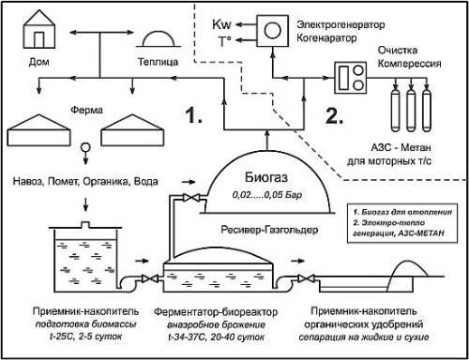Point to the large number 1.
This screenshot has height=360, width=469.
(x=194, y=119)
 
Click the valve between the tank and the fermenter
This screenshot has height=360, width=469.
(x=148, y=279)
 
